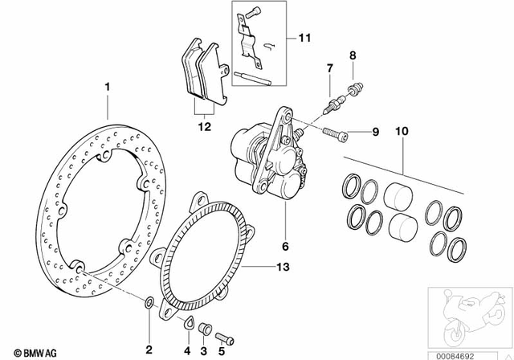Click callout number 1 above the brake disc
click(105, 84)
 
